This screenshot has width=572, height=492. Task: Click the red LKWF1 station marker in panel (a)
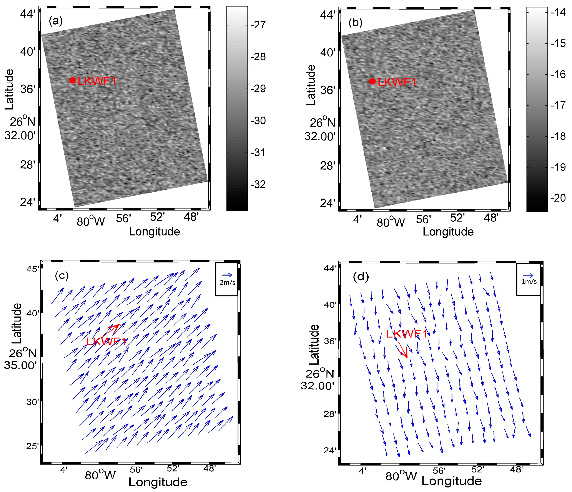pyautogui.click(x=72, y=80)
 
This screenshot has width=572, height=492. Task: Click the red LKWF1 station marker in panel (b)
pyautogui.click(x=372, y=81)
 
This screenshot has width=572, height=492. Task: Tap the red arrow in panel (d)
pyautogui.click(x=403, y=350)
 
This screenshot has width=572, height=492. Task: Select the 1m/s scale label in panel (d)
pyautogui.click(x=529, y=282)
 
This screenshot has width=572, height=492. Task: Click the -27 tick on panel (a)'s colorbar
pyautogui.click(x=258, y=25)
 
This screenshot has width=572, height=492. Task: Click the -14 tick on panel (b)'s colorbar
pyautogui.click(x=558, y=12)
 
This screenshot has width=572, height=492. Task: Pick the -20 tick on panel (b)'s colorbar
pyautogui.click(x=558, y=198)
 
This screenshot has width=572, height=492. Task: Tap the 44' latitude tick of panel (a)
pyautogui.click(x=28, y=14)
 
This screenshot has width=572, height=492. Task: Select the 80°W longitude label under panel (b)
pyautogui.click(x=390, y=222)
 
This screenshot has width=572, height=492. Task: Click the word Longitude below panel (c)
pyautogui.click(x=158, y=482)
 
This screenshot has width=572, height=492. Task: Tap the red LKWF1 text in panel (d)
pyautogui.click(x=407, y=334)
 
